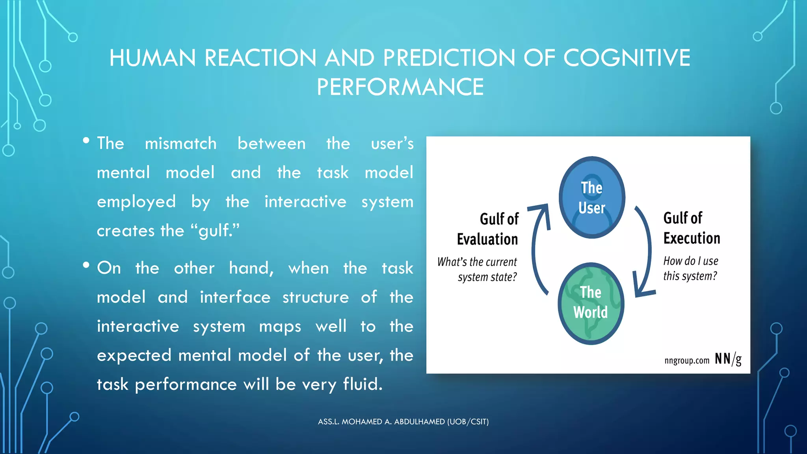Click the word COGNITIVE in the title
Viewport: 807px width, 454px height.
coord(627,58)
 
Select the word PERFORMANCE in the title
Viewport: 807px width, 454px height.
coord(400,87)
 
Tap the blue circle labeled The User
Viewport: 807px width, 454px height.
coord(592,197)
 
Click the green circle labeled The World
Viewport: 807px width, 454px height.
coord(591,303)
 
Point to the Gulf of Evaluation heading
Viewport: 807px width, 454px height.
coord(488,229)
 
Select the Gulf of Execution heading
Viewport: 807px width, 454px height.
coord(691,228)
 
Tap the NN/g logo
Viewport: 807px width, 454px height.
coord(728,359)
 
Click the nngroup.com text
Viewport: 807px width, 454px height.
coord(686,360)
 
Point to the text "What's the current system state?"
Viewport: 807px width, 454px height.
coord(478,270)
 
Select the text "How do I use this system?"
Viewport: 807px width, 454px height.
coord(690,268)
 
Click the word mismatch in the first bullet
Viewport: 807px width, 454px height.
coord(180,143)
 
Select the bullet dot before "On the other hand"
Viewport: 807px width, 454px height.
coord(86,265)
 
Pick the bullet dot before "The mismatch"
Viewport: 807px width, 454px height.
coord(86,141)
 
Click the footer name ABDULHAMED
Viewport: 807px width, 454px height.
coord(419,422)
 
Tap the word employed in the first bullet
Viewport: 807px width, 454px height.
coord(136,202)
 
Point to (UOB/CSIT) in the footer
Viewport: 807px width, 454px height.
coord(468,422)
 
